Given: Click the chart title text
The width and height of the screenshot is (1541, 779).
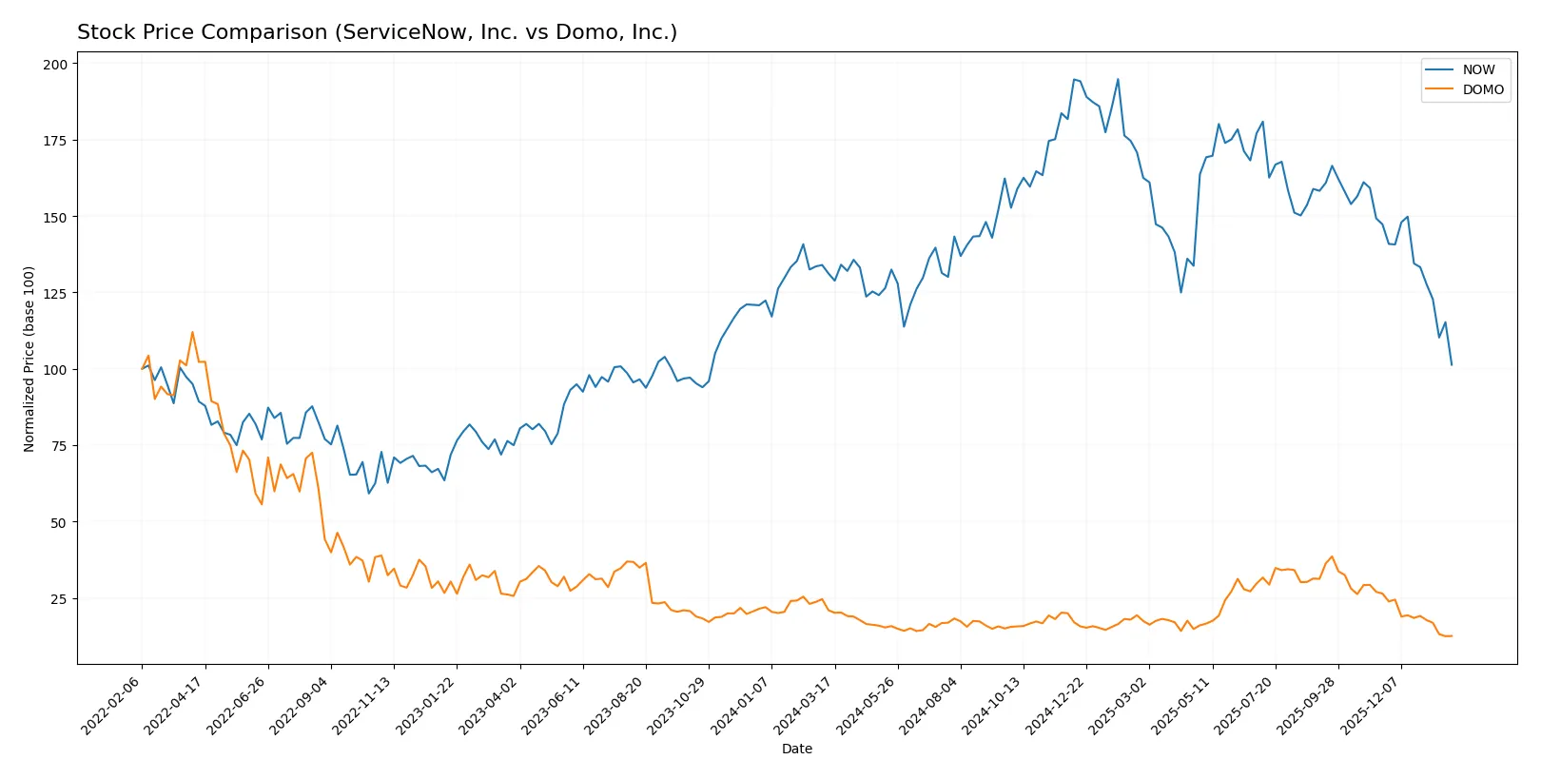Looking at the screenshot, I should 377,32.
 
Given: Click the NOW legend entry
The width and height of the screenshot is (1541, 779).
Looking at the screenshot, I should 1478,69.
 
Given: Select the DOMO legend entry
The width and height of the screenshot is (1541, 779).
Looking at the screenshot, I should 1483,89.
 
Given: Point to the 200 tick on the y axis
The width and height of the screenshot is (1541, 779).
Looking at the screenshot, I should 55,65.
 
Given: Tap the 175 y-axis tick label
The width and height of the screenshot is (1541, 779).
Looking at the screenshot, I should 55,141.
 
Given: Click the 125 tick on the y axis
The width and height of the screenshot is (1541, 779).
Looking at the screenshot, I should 55,294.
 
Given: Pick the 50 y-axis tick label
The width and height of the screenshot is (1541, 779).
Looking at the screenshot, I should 59,523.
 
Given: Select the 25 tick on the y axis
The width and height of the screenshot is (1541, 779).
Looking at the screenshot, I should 59,599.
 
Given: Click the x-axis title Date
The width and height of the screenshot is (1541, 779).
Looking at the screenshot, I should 796,749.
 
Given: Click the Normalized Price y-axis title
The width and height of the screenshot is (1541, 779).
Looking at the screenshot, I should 29,359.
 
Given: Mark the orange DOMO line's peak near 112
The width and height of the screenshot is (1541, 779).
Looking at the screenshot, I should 192,332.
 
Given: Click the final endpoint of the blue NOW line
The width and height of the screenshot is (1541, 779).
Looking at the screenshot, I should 1452,364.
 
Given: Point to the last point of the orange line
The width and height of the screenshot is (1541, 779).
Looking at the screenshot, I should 1452,635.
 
